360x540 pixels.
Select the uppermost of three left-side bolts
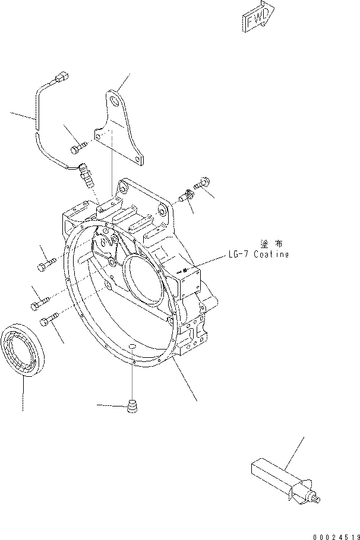[47, 265]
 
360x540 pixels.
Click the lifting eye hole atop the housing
[124, 189]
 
